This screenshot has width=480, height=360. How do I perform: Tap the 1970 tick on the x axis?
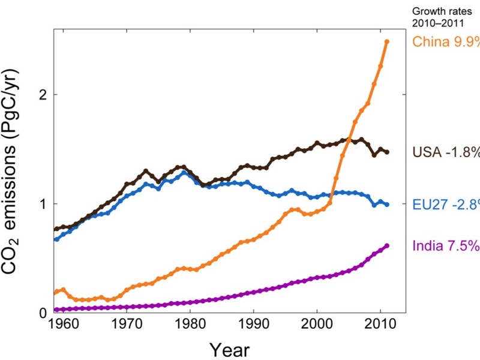point(127,328)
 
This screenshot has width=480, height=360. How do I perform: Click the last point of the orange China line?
point(387,41)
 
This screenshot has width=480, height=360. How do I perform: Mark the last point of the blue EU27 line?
point(387,205)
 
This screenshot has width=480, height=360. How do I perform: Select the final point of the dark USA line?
point(387,152)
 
